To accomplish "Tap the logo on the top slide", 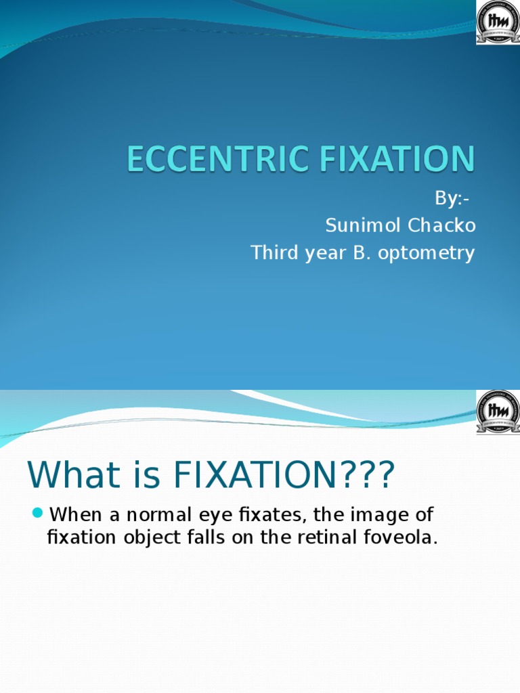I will pyautogui.click(x=498, y=22).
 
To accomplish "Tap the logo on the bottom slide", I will pyautogui.click(x=498, y=412).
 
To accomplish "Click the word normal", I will pyautogui.click(x=154, y=514).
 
